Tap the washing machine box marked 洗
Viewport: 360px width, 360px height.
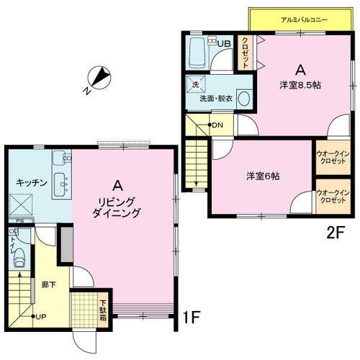(x=195, y=85)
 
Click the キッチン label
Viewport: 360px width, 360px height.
(x=32, y=183)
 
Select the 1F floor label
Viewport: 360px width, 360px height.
(x=190, y=316)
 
